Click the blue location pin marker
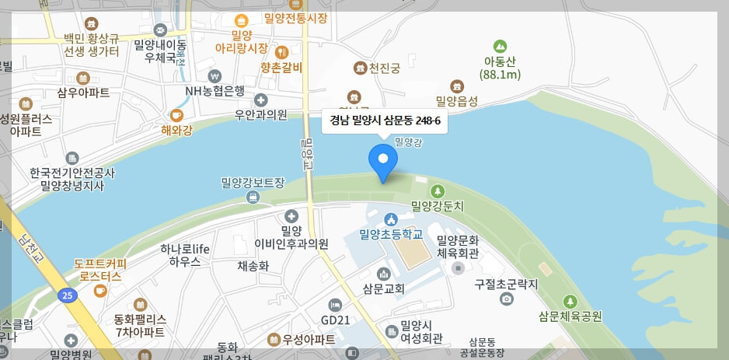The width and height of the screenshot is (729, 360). tap(382, 160)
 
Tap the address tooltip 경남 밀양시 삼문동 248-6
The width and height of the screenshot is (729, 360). tap(385, 121)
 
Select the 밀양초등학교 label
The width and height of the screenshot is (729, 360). tap(390, 233)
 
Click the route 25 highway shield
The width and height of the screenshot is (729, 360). tap(68, 295)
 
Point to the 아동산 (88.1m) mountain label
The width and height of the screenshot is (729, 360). tap(500, 68)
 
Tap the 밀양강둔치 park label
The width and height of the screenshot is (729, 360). tap(438, 206)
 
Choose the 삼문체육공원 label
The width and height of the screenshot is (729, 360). tap(570, 316)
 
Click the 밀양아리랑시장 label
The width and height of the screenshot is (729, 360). tap(242, 41)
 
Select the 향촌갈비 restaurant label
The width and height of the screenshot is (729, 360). tap(281, 67)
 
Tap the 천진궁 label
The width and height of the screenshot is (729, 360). tap(385, 68)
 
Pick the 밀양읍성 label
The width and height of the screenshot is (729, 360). tap(457, 100)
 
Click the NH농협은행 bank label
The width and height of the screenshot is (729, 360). tap(215, 90)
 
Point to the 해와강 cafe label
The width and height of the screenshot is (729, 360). tap(176, 130)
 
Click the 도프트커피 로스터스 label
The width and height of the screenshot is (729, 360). tap(100, 269)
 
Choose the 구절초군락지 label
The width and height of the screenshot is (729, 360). tap(507, 285)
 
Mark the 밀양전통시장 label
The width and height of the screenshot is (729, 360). tap(295, 18)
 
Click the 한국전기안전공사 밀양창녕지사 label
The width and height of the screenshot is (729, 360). tap(72, 179)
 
